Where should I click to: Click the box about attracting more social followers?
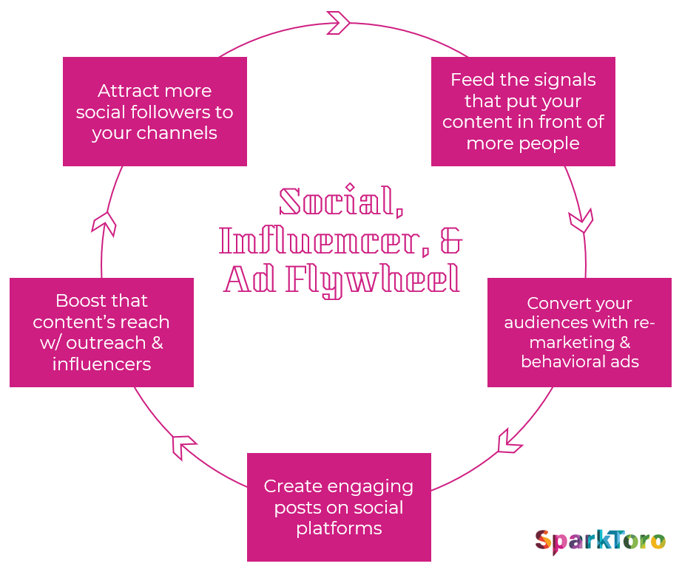(x=155, y=112)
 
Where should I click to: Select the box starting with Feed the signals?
(x=523, y=112)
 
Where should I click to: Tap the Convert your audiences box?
(x=579, y=333)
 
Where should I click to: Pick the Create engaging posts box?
(x=339, y=507)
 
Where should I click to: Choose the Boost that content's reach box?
(x=101, y=333)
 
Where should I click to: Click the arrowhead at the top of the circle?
(x=338, y=22)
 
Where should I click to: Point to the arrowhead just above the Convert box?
(x=581, y=219)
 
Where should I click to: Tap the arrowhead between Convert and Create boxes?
(x=509, y=440)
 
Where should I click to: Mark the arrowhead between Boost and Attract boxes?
(x=104, y=222)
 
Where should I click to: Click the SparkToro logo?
(x=600, y=542)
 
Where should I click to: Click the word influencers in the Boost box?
(x=101, y=364)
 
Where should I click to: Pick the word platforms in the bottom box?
(x=339, y=528)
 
